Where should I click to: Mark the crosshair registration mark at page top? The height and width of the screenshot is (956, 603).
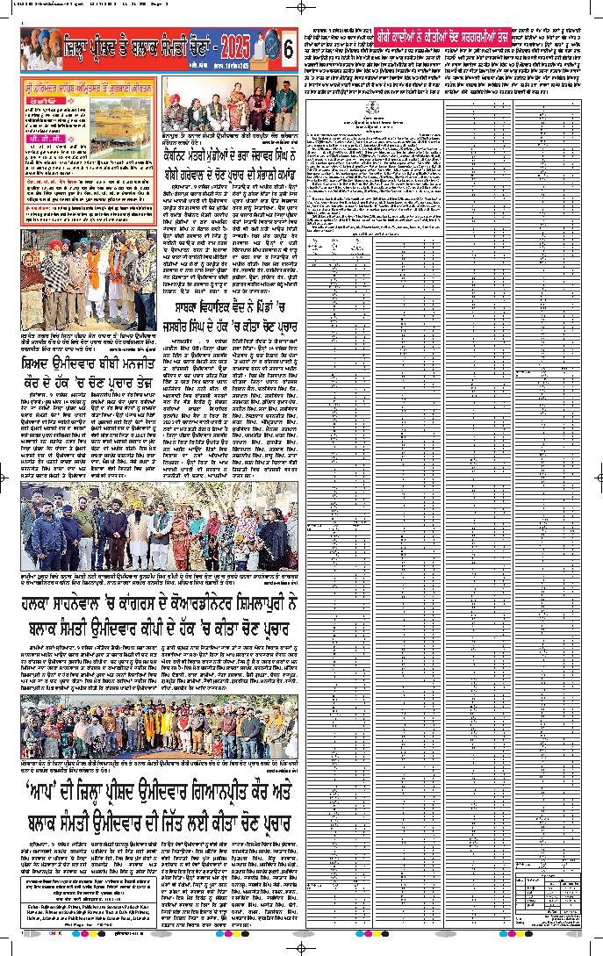coord(301,7)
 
